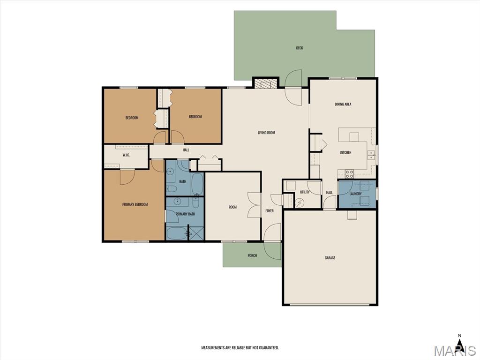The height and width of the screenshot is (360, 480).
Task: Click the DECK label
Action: coord(300,48)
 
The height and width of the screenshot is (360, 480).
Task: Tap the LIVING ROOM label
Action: coord(266,133)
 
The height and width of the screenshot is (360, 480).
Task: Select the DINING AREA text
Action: coord(343,105)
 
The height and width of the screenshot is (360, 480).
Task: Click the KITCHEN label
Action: coord(345,152)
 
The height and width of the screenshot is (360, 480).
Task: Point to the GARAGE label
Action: coord(330,258)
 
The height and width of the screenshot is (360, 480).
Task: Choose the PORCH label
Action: coord(252,255)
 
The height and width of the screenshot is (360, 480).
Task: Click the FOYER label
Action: coord(270,211)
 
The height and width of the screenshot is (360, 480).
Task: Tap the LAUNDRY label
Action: coord(355,194)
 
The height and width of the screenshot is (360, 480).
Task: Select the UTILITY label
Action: coord(305,192)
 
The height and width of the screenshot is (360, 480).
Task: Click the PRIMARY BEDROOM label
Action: coord(135,204)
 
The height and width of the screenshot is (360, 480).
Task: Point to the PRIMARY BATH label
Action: coord(185,214)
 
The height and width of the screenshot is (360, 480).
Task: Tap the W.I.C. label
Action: coord(126,155)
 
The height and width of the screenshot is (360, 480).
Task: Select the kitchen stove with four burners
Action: coord(349,174)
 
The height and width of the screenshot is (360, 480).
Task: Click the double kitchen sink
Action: coord(371,155)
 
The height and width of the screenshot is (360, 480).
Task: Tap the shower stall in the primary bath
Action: coord(196,233)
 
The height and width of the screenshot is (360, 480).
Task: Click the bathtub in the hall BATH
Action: coord(197,184)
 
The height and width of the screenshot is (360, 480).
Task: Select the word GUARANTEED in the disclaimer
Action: coord(269,348)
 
